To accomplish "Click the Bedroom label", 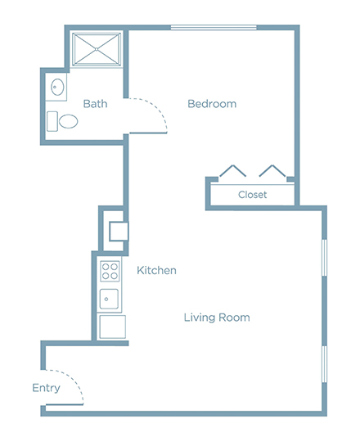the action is pyautogui.click(x=212, y=104).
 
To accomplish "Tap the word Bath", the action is pyautogui.click(x=95, y=104).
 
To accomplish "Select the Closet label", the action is pyautogui.click(x=253, y=195).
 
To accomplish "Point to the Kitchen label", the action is pyautogui.click(x=156, y=270).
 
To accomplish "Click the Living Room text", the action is pyautogui.click(x=217, y=318).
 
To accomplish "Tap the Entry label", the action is pyautogui.click(x=46, y=388).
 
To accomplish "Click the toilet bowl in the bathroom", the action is pyautogui.click(x=68, y=121).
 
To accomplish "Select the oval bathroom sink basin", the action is pyautogui.click(x=57, y=87).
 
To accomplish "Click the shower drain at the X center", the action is pyautogui.click(x=97, y=49).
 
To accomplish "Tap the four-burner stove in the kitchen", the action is pyautogui.click(x=110, y=271).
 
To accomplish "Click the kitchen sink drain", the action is pyautogui.click(x=106, y=299).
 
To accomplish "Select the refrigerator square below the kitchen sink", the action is pyautogui.click(x=113, y=327).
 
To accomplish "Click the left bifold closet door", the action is pyautogui.click(x=232, y=171).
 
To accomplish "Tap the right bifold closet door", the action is pyautogui.click(x=272, y=171).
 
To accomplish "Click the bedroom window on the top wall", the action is pyautogui.click(x=214, y=28).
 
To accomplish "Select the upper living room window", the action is pyautogui.click(x=324, y=258).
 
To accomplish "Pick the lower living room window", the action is pyautogui.click(x=324, y=364).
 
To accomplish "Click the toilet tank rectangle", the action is pyautogui.click(x=52, y=121).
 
